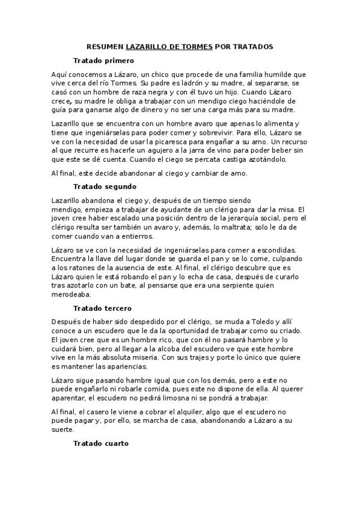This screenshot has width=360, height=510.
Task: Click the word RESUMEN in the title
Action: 105,46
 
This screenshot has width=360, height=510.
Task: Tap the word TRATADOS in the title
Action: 252,46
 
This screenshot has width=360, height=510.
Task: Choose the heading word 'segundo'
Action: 121,186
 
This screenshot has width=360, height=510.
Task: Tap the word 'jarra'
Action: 230,150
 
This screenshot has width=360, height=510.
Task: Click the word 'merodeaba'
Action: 72,295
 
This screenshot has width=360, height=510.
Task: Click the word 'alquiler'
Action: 168,411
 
